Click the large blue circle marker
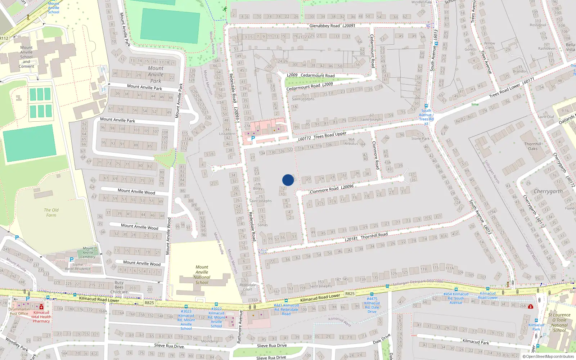pyautogui.click(x=288, y=180)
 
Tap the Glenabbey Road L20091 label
pyautogui.click(x=332, y=26)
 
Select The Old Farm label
pyautogui.click(x=51, y=212)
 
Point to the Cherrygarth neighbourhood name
pyautogui.click(x=548, y=192)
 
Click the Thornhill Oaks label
pyautogui.click(x=533, y=146)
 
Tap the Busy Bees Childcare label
pyautogui.click(x=119, y=287)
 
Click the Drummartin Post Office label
pyautogui.click(x=19, y=311)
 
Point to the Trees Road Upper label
pyautogui.click(x=330, y=135)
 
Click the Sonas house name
pyautogui.click(x=262, y=225)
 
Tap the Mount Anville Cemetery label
pyautogui.click(x=88, y=252)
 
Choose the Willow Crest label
pyautogui.click(x=490, y=45)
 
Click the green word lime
pyautogui.click(x=475, y=104)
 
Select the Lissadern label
pyautogui.click(x=227, y=134)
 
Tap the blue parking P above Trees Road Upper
pyautogui.click(x=253, y=138)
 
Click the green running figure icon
pyautogui.click(x=225, y=9)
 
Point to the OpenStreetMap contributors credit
pyautogui.click(x=548, y=356)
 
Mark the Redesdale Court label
pyautogui.click(x=248, y=287)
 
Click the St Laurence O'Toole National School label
pyautogui.click(x=559, y=322)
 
